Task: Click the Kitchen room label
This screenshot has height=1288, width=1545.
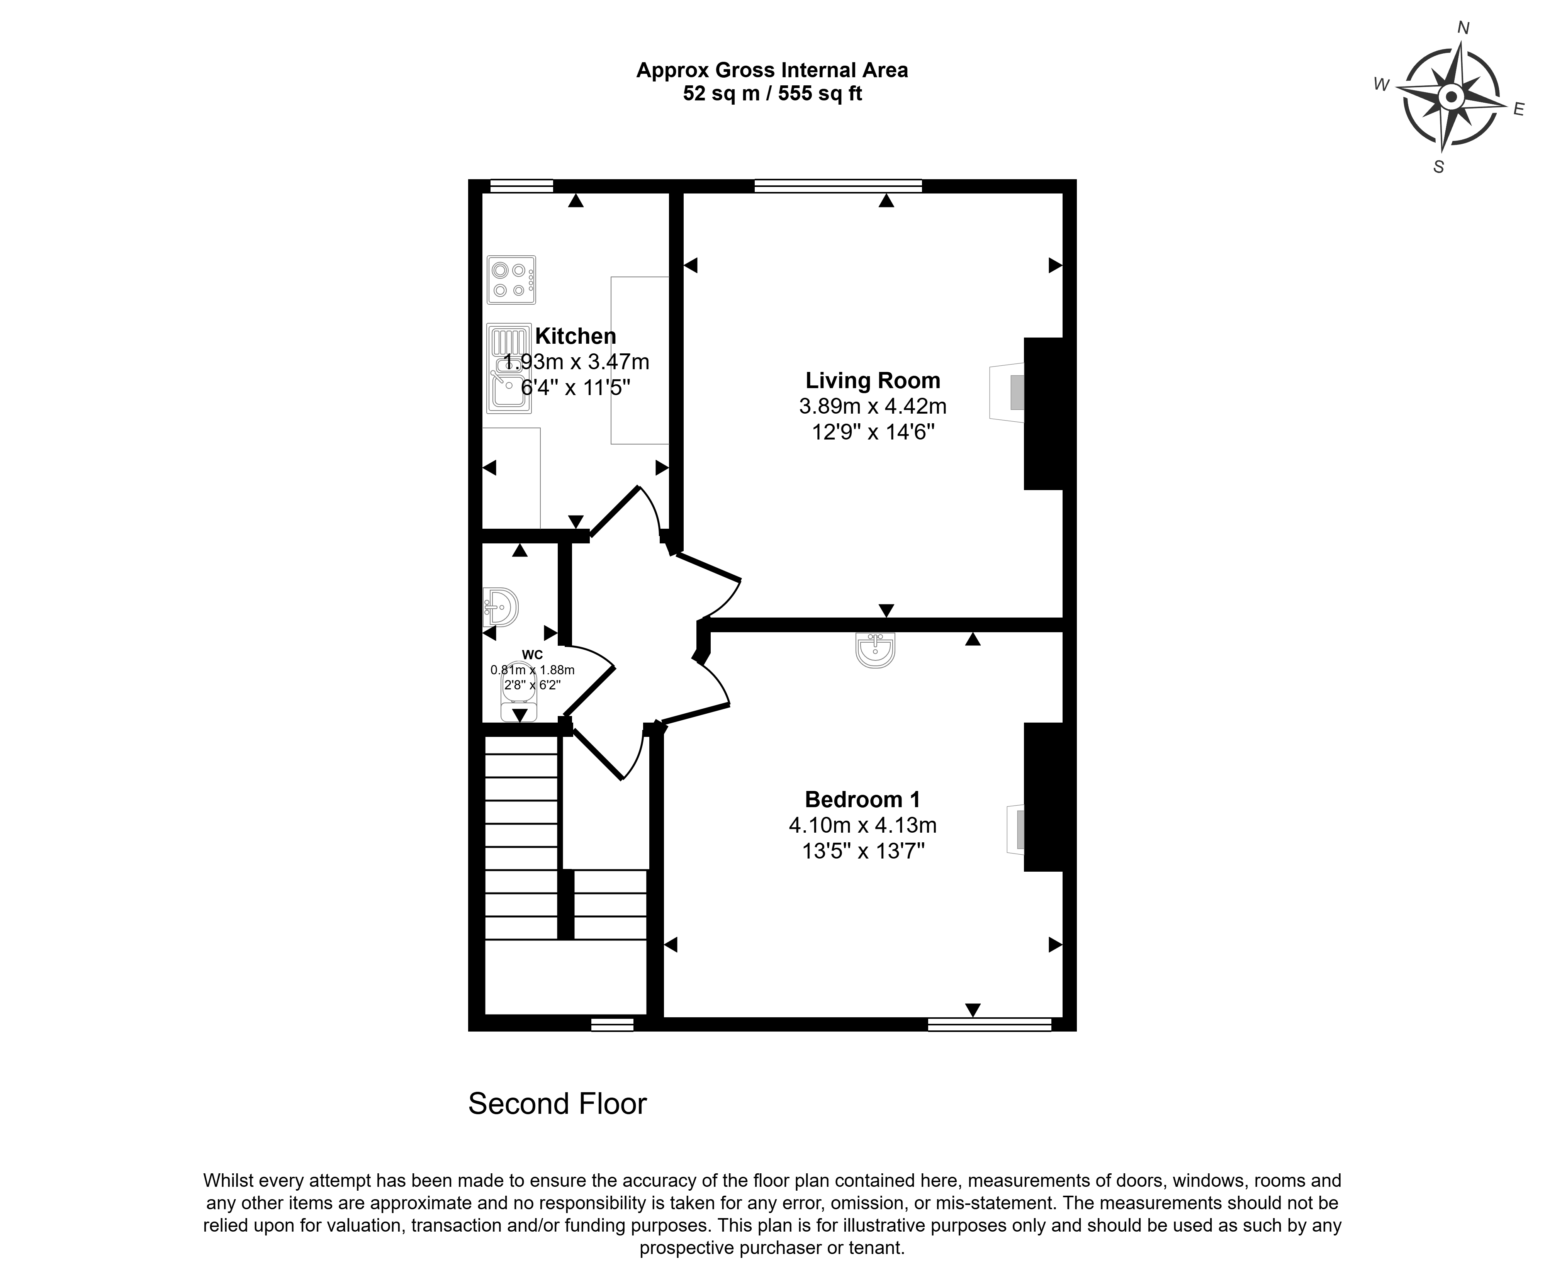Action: (576, 336)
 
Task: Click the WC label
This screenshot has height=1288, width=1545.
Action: (533, 655)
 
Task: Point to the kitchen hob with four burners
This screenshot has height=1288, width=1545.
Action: (511, 280)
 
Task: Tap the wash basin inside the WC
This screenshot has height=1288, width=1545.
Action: (501, 607)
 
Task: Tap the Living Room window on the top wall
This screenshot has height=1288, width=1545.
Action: (838, 186)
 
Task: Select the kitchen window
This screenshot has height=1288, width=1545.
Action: (521, 186)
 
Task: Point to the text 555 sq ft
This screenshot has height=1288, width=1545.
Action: (820, 93)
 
